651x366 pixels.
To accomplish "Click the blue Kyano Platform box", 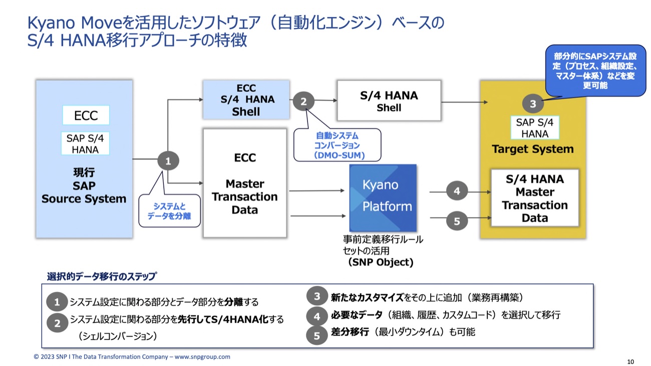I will pos(383,197).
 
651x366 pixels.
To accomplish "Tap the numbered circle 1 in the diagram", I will pos(168,161).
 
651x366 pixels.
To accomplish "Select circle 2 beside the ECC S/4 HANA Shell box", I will pos(303,102).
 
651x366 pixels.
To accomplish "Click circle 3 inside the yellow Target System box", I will pos(533,104).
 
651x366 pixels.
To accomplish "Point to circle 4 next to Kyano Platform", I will pos(457,191).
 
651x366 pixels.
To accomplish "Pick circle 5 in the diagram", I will pos(457,220).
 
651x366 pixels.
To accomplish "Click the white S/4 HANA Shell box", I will pos(389,101).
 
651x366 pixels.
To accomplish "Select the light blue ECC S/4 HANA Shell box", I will pos(246,100).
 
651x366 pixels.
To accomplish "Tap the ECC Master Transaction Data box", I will pos(244,183).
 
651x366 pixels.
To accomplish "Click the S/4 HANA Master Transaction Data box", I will pos(534,198).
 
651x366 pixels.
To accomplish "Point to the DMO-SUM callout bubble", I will pos(337,145).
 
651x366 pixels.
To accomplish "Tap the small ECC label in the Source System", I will pos(86,116).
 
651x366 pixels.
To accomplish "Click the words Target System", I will pos(532,149).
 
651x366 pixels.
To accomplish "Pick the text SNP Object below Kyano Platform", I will pos(381,262).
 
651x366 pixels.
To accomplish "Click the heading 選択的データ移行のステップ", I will pos(102,276).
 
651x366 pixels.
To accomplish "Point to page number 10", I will pos(630,361).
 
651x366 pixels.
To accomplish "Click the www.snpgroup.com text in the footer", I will pos(202,357).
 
